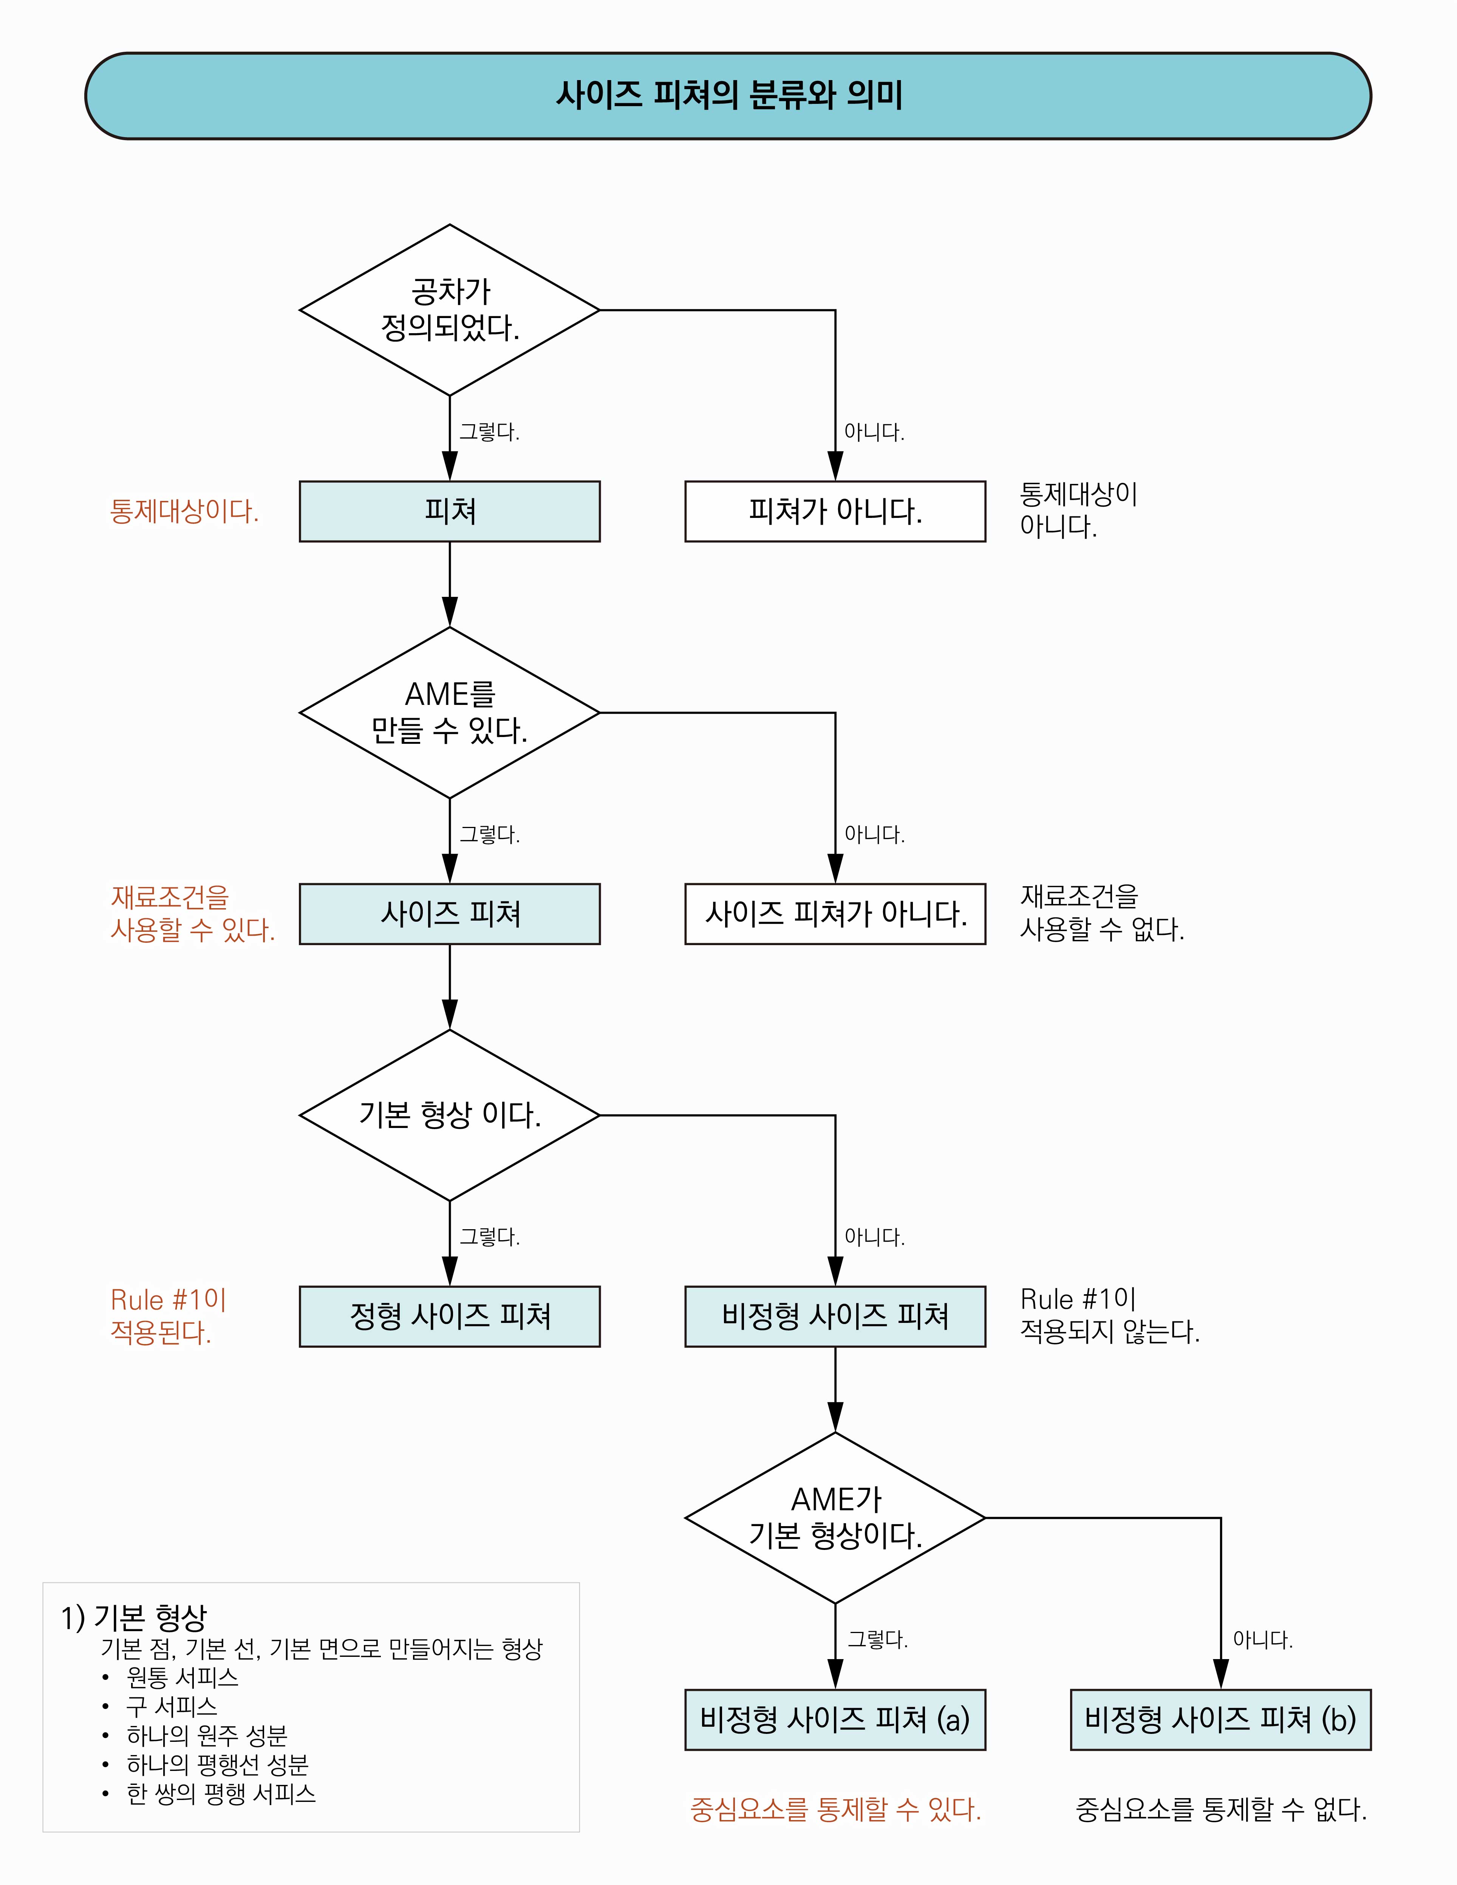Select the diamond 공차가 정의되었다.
click(x=450, y=310)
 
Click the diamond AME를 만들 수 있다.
click(x=450, y=713)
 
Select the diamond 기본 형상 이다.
click(x=450, y=1115)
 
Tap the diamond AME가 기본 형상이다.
click(x=835, y=1517)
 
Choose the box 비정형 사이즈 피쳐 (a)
click(x=835, y=1719)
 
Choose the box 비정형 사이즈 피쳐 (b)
click(x=1220, y=1719)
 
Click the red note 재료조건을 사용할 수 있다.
click(x=192, y=913)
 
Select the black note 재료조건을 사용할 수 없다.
click(x=1101, y=913)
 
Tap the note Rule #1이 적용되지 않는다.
click(x=1109, y=1315)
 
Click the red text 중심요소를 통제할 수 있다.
click(x=835, y=1809)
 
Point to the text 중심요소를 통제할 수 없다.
click(x=1220, y=1809)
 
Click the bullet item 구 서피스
click(x=171, y=1706)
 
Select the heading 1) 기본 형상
click(x=134, y=1618)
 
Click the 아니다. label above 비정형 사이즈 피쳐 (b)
click(x=1262, y=1639)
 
